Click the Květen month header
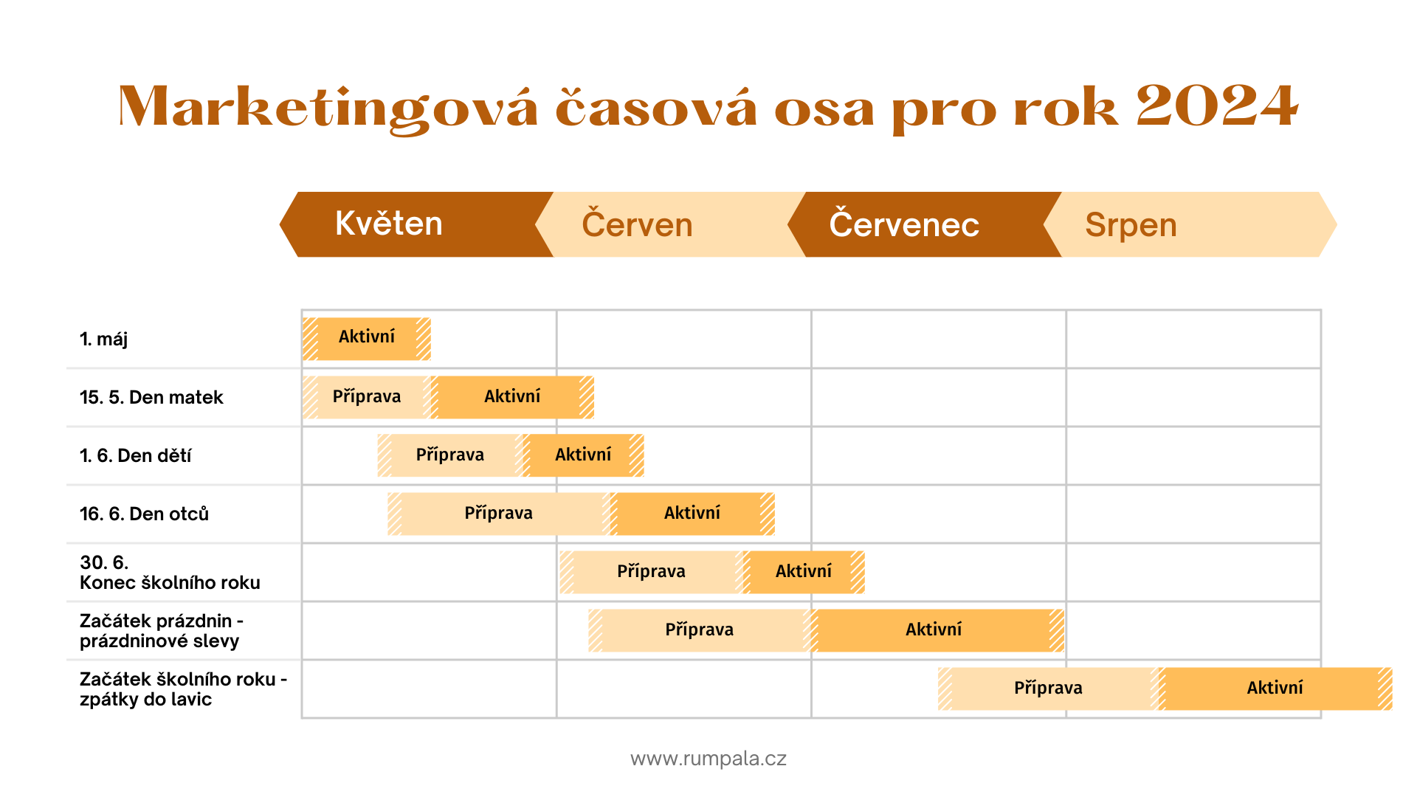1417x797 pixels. tap(417, 224)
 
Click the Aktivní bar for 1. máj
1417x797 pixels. tap(367, 339)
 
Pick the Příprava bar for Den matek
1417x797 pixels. tap(367, 397)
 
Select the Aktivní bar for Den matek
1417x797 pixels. tap(512, 397)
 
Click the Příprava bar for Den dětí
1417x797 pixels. tap(450, 455)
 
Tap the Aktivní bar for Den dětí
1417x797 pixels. tap(583, 455)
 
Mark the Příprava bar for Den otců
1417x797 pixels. tap(499, 514)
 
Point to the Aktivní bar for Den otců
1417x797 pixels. tap(692, 514)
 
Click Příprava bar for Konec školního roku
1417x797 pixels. tap(651, 572)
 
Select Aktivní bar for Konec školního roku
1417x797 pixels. tap(804, 572)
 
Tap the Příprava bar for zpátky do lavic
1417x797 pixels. tap(1048, 689)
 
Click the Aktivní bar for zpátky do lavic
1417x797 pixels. tap(1275, 689)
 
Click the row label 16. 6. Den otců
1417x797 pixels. tap(144, 514)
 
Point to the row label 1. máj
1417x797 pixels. tap(103, 339)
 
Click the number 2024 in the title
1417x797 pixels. tap(1216, 106)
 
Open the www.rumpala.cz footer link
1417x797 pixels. tap(708, 759)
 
